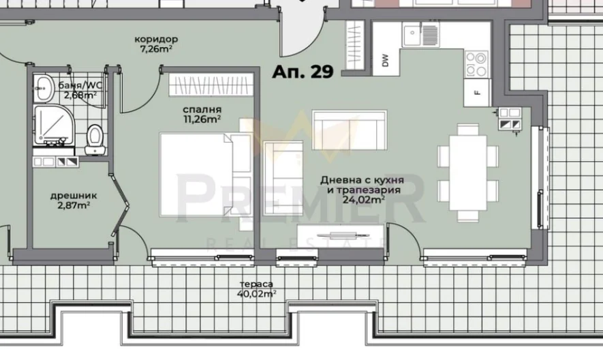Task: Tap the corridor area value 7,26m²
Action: [x=156, y=49]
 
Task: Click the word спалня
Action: [x=202, y=109]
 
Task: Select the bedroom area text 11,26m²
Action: [x=202, y=119]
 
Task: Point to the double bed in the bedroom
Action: [x=198, y=174]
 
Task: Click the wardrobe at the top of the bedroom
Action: [x=211, y=85]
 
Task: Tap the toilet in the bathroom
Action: [x=95, y=138]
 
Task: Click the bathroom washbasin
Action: [x=44, y=86]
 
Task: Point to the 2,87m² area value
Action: [x=69, y=205]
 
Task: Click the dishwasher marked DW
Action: [x=385, y=59]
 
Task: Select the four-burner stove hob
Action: [x=476, y=64]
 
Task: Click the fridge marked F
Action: [x=477, y=93]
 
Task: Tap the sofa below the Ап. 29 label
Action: [x=349, y=130]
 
